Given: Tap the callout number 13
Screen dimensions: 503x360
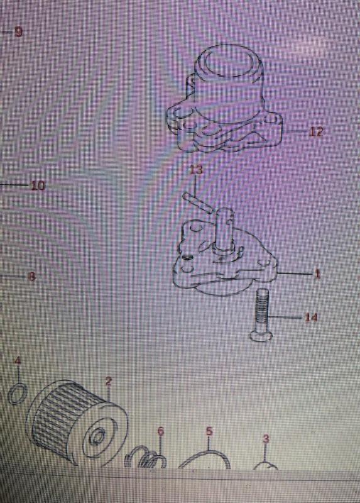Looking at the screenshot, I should click(196, 170).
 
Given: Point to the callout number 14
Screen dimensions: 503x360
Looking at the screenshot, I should click(311, 318).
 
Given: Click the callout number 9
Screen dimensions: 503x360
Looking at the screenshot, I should click(18, 31).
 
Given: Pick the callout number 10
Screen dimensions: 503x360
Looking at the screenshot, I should click(38, 186).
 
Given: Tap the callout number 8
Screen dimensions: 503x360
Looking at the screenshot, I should click(31, 277).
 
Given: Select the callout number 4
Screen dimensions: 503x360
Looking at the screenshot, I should click(18, 361).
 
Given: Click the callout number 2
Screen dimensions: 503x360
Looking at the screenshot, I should click(108, 381).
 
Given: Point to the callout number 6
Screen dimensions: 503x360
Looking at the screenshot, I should click(160, 431).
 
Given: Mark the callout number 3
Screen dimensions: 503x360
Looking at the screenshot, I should click(266, 438).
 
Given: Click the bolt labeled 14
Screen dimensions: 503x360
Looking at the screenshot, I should click(263, 315).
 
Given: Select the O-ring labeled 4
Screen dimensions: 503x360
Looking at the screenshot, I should click(18, 395).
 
